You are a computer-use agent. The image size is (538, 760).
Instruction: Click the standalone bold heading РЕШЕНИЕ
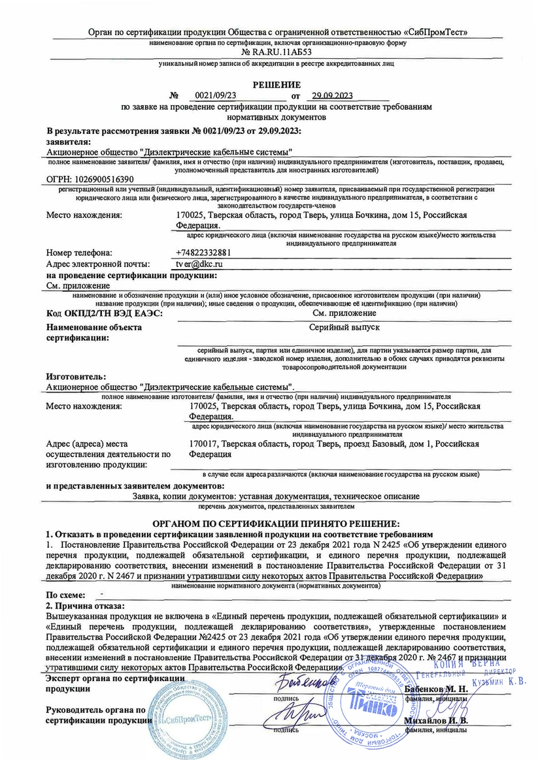tap(277, 84)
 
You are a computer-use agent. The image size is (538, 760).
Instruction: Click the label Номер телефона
tap(79, 252)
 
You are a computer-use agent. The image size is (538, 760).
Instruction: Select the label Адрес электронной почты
tap(98, 264)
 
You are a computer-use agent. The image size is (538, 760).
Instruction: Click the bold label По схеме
tap(65, 595)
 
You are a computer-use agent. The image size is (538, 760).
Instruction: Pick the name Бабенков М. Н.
tap(436, 689)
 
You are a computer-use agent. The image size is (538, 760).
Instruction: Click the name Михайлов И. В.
tap(436, 721)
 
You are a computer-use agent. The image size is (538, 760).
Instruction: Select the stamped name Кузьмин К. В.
tap(500, 680)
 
